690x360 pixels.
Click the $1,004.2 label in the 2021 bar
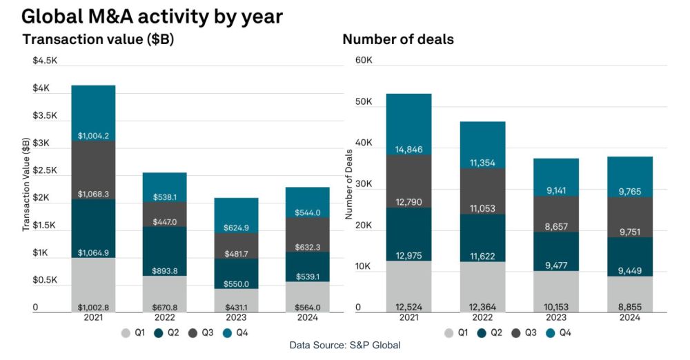pos(93,136)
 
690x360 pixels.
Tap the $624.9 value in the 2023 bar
pos(236,228)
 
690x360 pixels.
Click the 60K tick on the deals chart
pos(364,61)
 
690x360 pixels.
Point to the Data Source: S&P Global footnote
pos(345,345)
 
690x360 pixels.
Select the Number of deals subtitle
pos(398,39)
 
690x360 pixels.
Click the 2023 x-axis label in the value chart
pos(236,318)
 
